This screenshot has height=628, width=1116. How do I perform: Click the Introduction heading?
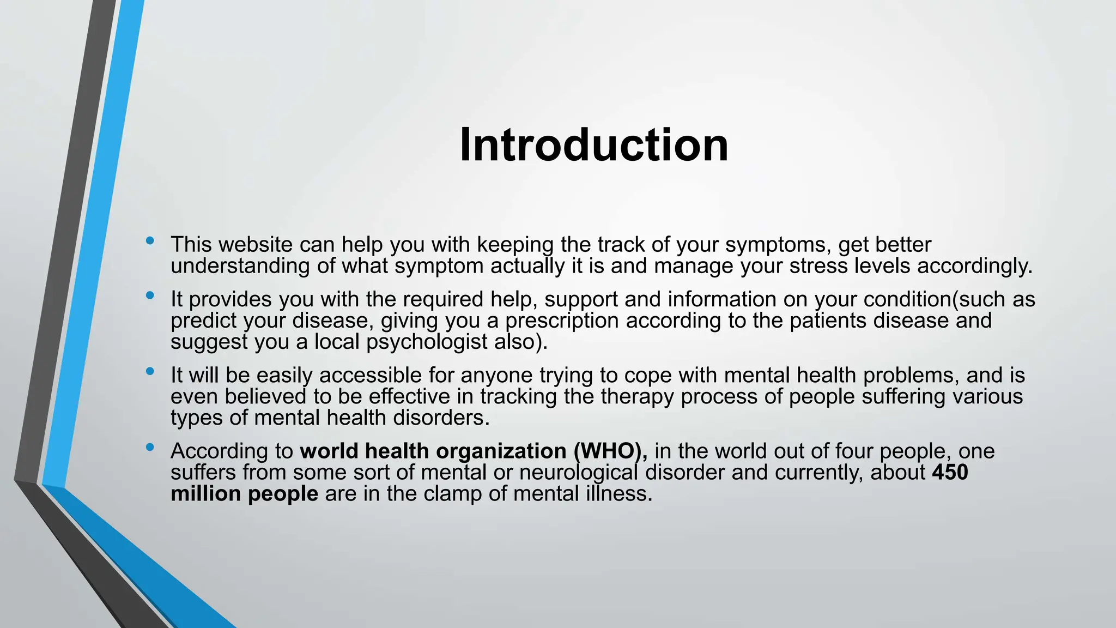coord(594,145)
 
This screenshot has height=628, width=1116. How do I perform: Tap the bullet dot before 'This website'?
coord(150,240)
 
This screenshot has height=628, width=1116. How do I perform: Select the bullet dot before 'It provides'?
coord(150,295)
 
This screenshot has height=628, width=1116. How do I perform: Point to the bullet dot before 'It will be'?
coord(150,371)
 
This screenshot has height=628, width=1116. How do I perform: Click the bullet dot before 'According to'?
coord(150,447)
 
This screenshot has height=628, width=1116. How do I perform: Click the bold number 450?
coord(950,473)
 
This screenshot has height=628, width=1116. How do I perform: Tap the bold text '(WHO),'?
coord(610,451)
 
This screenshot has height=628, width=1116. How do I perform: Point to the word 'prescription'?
coord(561,321)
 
